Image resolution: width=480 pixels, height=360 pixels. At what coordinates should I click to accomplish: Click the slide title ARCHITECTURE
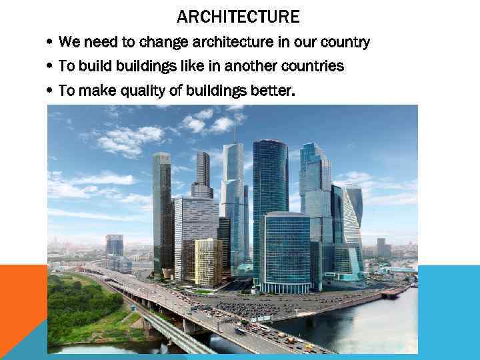[238, 16]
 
